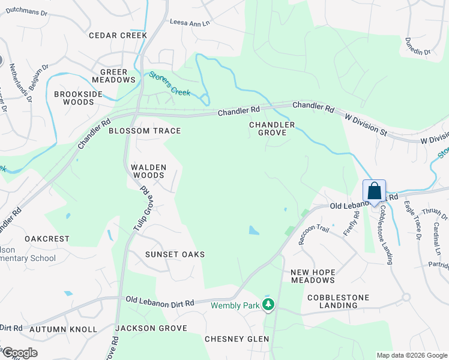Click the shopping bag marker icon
click(374, 192)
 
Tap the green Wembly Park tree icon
click(268, 305)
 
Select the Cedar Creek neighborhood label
click(118, 35)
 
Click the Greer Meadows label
click(114, 76)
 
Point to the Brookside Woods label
click(83, 98)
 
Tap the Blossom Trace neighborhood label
click(144, 131)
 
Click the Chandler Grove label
click(273, 129)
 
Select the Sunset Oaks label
click(175, 254)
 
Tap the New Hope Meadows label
click(313, 277)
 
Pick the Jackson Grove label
click(151, 328)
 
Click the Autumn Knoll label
click(63, 329)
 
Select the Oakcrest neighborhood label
click(47, 238)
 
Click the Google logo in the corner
click(20, 353)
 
